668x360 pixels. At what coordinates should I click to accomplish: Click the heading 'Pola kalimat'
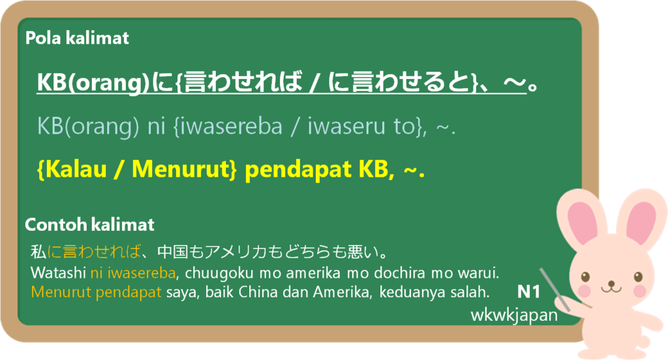tap(77, 38)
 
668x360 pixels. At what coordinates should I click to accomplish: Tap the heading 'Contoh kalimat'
tap(89, 224)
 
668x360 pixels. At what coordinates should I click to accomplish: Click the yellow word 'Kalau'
tap(76, 169)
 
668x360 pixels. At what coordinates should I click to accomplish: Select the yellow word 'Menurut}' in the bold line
tap(184, 169)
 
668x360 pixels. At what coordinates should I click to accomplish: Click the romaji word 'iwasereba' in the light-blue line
tap(231, 127)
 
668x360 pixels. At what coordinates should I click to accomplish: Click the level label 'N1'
tap(528, 292)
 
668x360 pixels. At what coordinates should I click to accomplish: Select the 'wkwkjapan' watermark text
tap(514, 315)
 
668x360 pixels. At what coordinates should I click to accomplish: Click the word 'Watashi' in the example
tap(58, 273)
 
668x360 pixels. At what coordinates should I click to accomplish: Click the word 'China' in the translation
tap(252, 292)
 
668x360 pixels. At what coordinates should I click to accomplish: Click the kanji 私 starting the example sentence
tap(38, 252)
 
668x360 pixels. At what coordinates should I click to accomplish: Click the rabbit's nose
tap(611, 282)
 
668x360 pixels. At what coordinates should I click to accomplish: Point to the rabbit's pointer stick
tap(554, 289)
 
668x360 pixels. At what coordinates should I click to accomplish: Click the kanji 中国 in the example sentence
tap(172, 252)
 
